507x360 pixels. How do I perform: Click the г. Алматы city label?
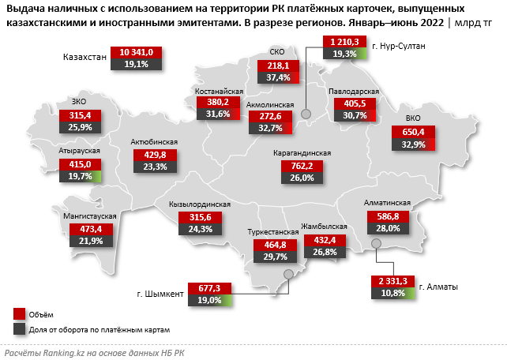coord(438,287)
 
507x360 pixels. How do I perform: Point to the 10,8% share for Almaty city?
coord(392,293)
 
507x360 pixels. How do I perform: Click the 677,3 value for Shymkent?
coord(208,288)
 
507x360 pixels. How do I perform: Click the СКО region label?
coord(277,53)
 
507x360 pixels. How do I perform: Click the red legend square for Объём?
coord(19,313)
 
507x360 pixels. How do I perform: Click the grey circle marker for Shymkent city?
coord(288,273)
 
